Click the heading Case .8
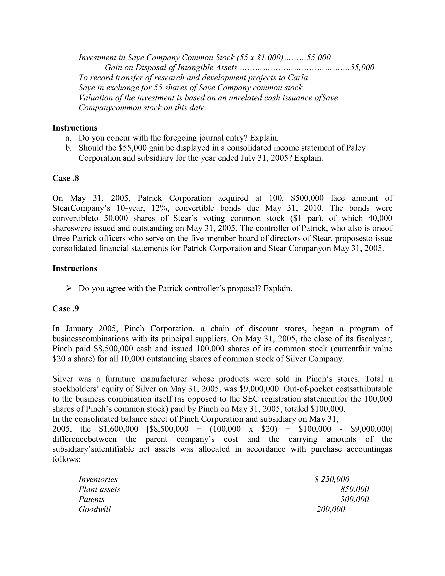pyautogui.click(x=66, y=178)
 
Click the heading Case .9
pyautogui.click(x=66, y=309)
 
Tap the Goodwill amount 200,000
pyautogui.click(x=330, y=509)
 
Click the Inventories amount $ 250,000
pyautogui.click(x=332, y=479)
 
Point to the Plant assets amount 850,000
pyautogui.click(x=355, y=489)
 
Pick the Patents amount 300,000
pyautogui.click(x=355, y=499)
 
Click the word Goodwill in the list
pyautogui.click(x=95, y=509)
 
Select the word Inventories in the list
pyautogui.click(x=98, y=479)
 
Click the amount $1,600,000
pyautogui.click(x=118, y=429)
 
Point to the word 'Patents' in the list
pyautogui.click(x=91, y=499)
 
